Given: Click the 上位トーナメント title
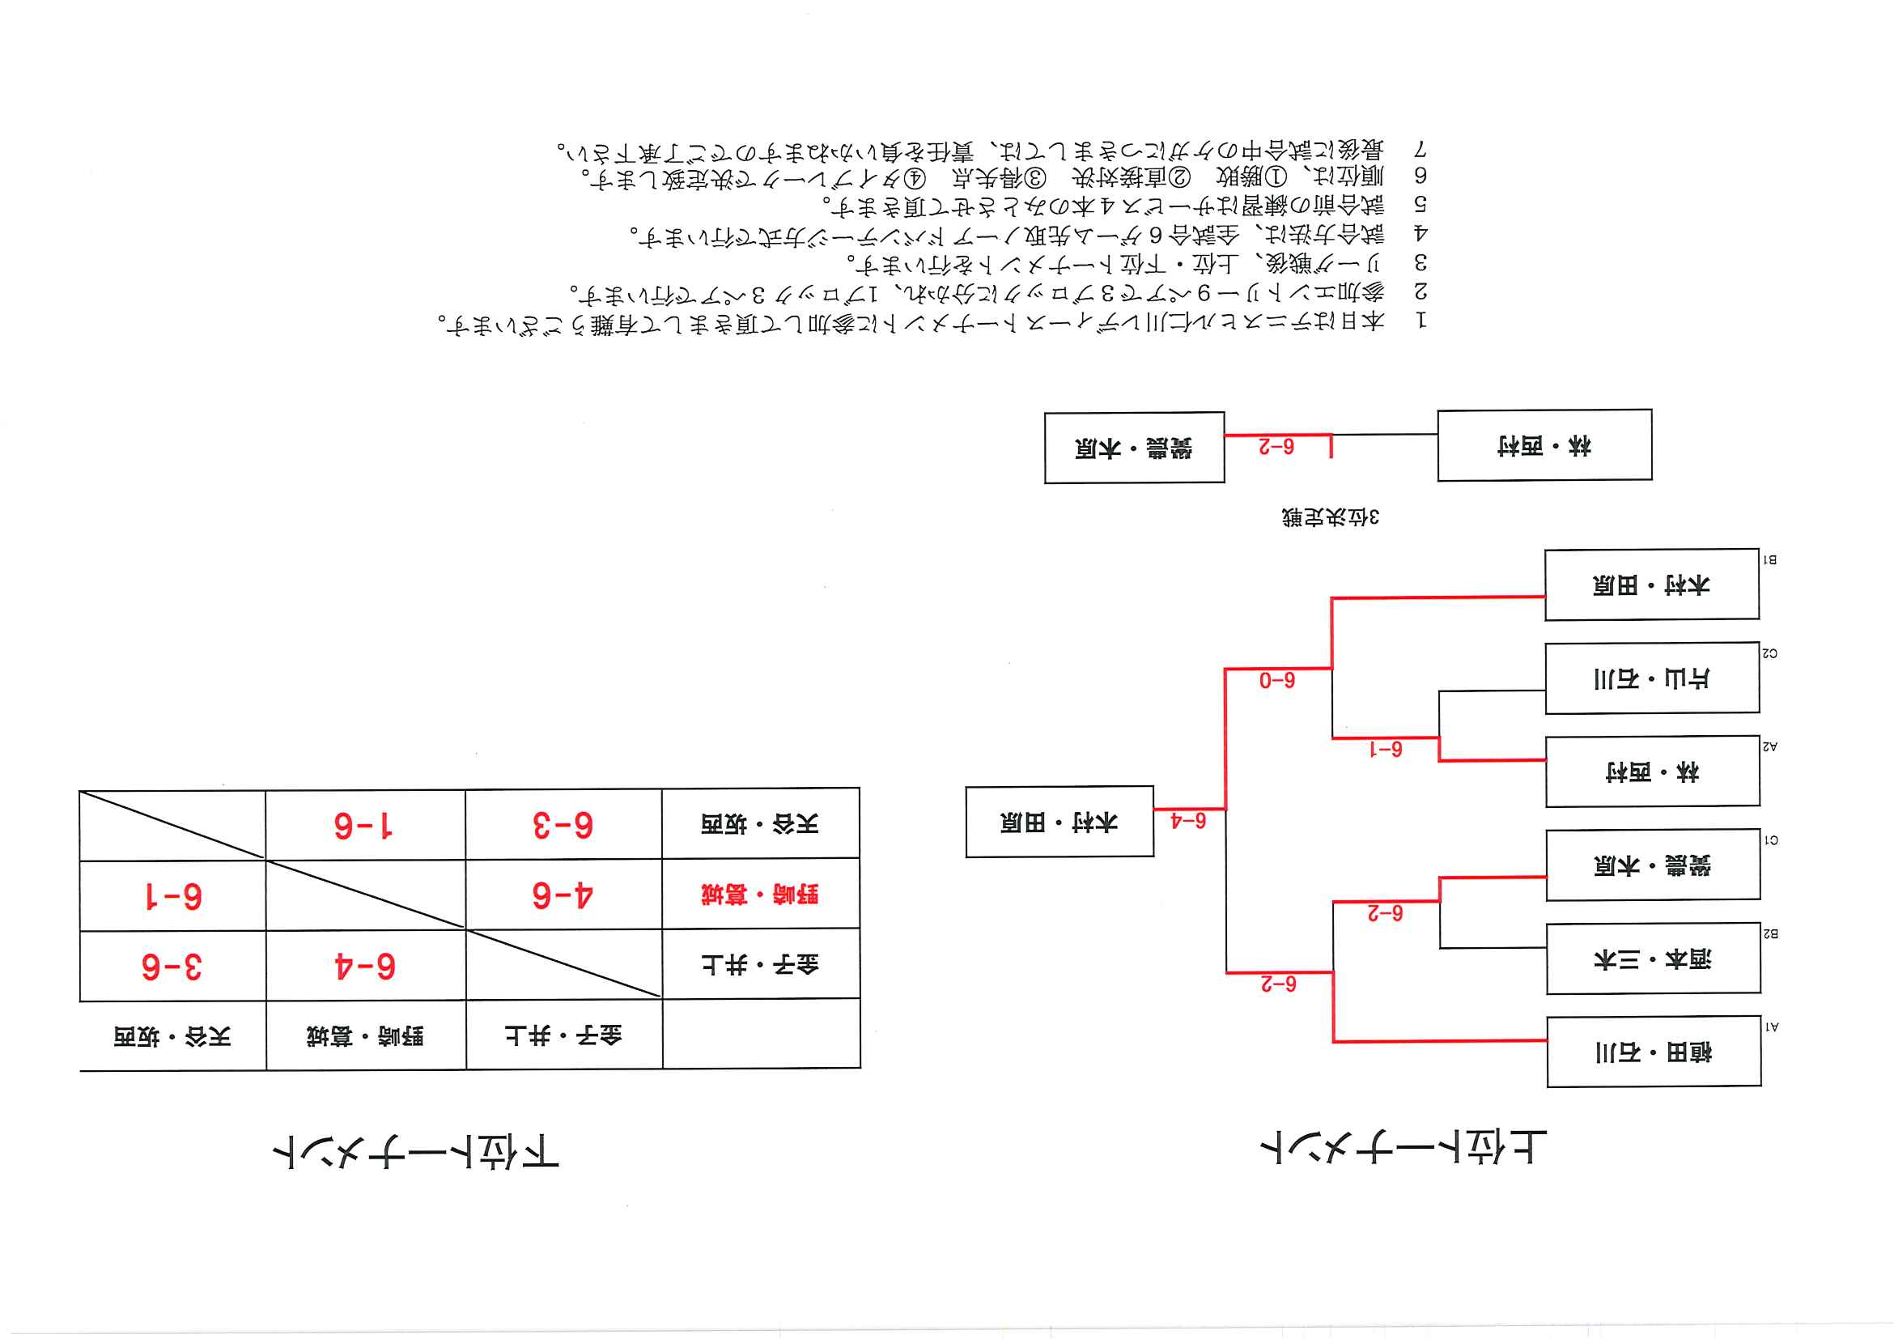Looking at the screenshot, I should point(1404,1148).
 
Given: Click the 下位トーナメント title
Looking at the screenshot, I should point(416,1151).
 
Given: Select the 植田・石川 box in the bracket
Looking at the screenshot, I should point(1653,1052).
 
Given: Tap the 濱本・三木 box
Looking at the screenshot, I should point(1653,959).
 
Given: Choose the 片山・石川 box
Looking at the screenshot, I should point(1651,678).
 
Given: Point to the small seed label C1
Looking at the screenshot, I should point(1770,840).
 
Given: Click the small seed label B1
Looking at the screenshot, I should point(1769,559).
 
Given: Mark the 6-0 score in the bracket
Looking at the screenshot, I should point(1276,681).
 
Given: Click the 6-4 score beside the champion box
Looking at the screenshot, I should point(1188,821).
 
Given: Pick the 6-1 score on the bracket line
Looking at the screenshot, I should point(1385,749).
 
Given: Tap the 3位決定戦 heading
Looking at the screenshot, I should point(1330,517).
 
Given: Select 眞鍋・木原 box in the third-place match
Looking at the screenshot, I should point(1133,447).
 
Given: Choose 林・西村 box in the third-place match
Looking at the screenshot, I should point(1544,445).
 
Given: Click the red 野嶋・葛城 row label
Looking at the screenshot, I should point(760,895).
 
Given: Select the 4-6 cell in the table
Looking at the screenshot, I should point(563,895).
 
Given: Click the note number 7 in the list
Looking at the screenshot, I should point(1420,149).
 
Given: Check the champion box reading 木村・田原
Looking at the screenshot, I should point(1060,822).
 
